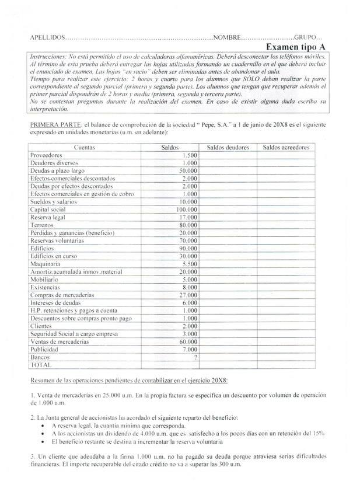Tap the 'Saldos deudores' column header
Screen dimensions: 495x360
tap(228, 148)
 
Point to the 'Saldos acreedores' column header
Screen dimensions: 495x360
tap(286, 148)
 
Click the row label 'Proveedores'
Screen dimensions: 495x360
tap(46, 155)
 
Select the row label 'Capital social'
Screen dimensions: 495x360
tap(48, 209)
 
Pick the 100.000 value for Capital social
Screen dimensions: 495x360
tap(187, 209)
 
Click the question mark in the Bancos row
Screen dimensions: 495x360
tap(195, 357)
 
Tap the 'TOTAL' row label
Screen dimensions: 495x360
tap(41, 364)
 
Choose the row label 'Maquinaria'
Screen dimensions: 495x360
tap(45, 263)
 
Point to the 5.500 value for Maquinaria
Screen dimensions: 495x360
tap(190, 263)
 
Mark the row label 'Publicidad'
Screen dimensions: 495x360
tap(44, 349)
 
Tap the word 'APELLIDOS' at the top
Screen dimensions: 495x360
tap(47, 37)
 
